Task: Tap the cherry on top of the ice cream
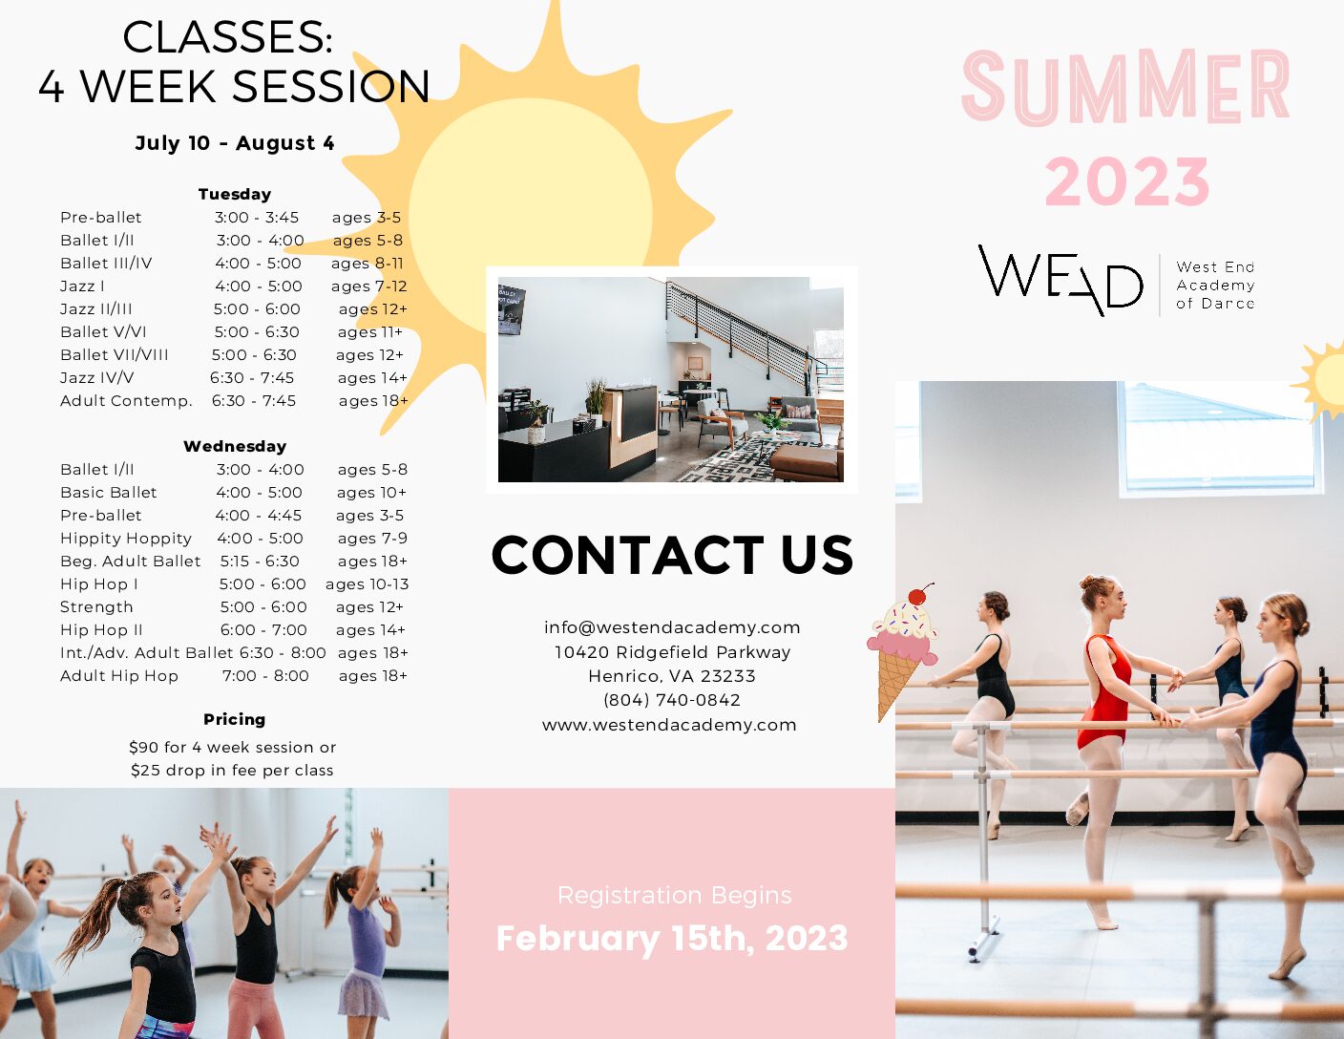tap(919, 595)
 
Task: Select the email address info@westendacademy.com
tap(672, 627)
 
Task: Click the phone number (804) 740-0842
tap(672, 700)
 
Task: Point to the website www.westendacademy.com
tap(670, 725)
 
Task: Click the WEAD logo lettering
tap(1060, 280)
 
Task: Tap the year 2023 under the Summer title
tap(1127, 181)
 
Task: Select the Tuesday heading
tap(235, 194)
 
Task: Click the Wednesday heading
tap(235, 446)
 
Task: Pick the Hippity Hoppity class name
tap(126, 539)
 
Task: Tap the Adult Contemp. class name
tap(127, 401)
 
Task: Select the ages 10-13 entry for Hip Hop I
tap(367, 584)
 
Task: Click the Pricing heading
tap(235, 719)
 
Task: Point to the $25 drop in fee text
tap(232, 771)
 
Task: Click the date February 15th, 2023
tap(672, 938)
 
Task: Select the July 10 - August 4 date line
tap(235, 143)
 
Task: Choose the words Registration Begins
tap(675, 896)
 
